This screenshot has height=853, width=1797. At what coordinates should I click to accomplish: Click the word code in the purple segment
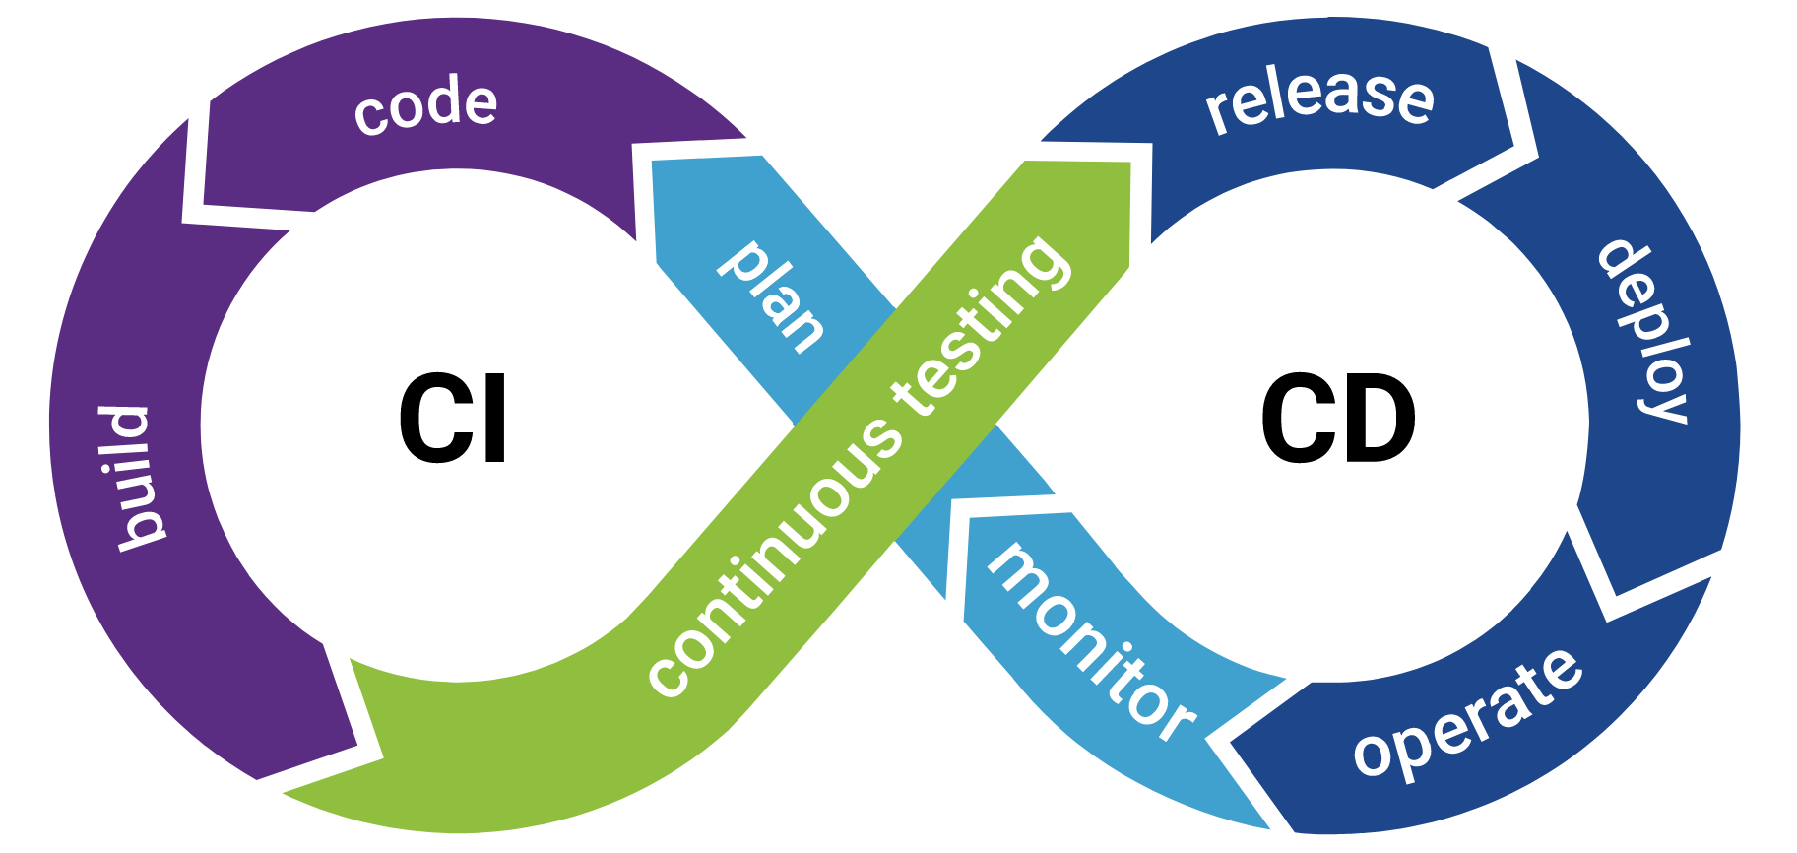point(425,106)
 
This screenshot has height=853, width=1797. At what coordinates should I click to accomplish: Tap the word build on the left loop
point(133,477)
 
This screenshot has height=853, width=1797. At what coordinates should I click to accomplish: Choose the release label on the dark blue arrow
point(1319,98)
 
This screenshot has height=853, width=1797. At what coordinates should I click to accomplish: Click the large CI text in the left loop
point(453,420)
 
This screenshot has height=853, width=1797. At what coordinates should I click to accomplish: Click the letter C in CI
point(433,420)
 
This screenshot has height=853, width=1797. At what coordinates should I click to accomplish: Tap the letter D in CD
point(1379,420)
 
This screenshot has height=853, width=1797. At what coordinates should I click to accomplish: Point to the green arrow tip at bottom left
point(286,791)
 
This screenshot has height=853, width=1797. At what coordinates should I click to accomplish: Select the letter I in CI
point(496,420)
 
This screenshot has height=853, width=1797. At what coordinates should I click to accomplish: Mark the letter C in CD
point(1297,420)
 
